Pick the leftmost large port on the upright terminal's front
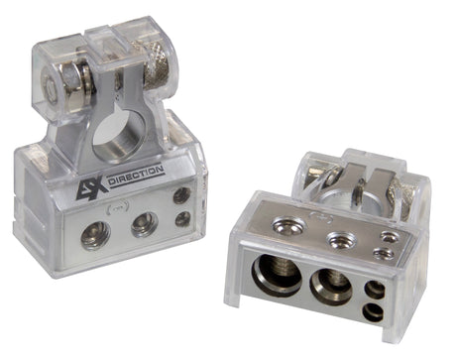[96, 234]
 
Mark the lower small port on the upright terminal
[181, 218]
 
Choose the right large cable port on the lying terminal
[327, 286]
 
